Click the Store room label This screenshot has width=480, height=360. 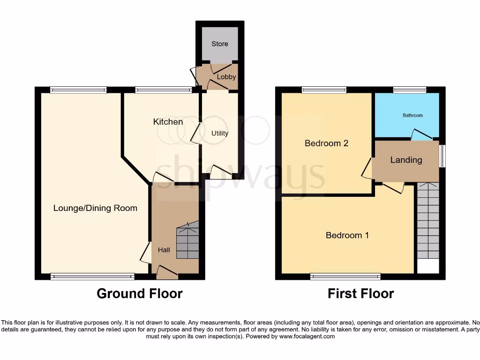pyautogui.click(x=219, y=44)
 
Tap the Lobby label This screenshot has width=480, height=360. pyautogui.click(x=226, y=77)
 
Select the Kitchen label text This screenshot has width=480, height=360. pyautogui.click(x=168, y=122)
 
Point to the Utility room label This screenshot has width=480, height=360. pyautogui.click(x=219, y=133)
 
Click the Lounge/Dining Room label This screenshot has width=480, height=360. pyautogui.click(x=95, y=208)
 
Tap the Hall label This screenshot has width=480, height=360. pyautogui.click(x=164, y=250)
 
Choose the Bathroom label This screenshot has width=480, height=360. pyautogui.click(x=412, y=115)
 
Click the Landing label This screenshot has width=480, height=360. pyautogui.click(x=406, y=160)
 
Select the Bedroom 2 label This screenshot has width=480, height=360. pyautogui.click(x=326, y=143)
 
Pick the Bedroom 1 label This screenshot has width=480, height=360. pyautogui.click(x=347, y=235)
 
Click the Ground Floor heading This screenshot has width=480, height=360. pyautogui.click(x=139, y=294)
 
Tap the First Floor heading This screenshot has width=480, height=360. pyautogui.click(x=360, y=294)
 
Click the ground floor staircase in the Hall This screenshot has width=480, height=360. pyautogui.click(x=187, y=240)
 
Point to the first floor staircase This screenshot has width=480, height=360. pyautogui.click(x=427, y=220)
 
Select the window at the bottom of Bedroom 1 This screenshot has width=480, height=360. pyautogui.click(x=345, y=277)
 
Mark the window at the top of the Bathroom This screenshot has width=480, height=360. pyautogui.click(x=409, y=90)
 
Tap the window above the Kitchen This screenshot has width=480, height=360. pyautogui.click(x=163, y=90)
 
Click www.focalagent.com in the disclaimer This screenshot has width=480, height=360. pyautogui.click(x=307, y=337)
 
